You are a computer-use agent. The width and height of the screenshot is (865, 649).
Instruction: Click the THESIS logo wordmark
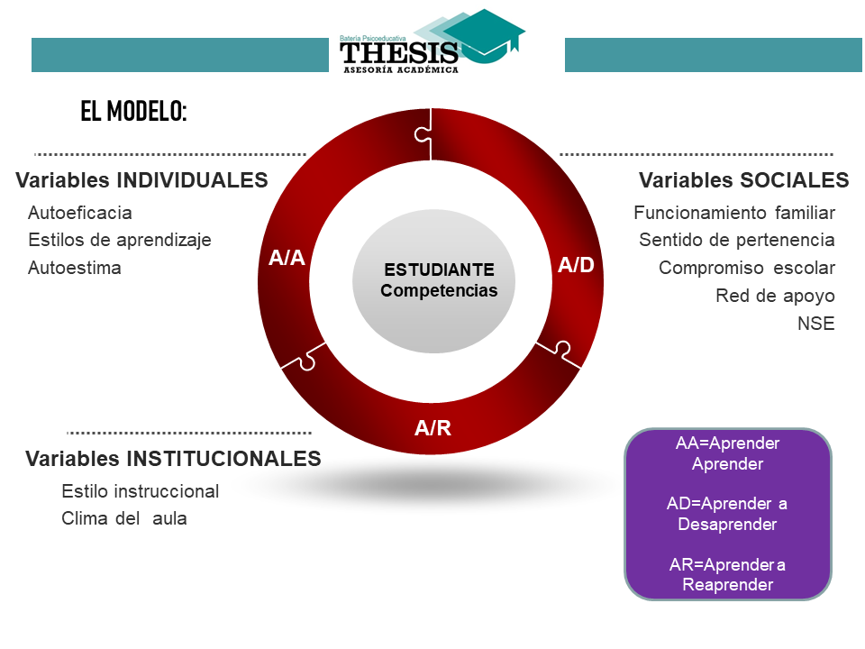[399, 53]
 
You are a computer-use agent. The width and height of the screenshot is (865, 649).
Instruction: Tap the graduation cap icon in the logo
[485, 35]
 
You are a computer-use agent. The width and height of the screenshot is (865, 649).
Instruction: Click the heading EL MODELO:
[133, 111]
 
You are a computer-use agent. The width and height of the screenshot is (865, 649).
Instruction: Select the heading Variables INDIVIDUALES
[141, 180]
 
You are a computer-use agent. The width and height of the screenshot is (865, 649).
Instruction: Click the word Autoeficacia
[80, 213]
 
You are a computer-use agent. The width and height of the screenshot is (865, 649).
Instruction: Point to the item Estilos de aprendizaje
[120, 241]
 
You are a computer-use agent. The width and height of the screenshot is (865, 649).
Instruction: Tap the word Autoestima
[75, 268]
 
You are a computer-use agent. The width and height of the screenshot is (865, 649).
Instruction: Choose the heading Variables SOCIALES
[743, 180]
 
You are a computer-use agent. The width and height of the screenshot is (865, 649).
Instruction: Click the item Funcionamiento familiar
[734, 213]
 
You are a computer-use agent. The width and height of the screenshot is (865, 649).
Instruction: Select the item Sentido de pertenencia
[737, 240]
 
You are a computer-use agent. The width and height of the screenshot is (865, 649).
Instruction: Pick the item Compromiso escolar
[747, 269]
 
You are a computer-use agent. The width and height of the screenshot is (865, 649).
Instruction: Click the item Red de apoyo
[775, 297]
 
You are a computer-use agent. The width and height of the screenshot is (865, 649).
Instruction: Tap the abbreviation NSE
[816, 324]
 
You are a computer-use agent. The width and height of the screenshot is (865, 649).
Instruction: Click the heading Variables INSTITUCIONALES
[173, 459]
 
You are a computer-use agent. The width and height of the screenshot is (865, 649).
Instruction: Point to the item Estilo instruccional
[141, 491]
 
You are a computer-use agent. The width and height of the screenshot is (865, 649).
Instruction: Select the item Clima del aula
[124, 519]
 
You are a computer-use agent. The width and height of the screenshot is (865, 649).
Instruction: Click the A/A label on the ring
[287, 258]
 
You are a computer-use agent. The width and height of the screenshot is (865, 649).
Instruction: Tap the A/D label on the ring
[576, 265]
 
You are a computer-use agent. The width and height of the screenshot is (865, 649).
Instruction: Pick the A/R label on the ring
[433, 427]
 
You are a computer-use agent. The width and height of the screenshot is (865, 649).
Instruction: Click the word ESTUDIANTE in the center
[439, 270]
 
